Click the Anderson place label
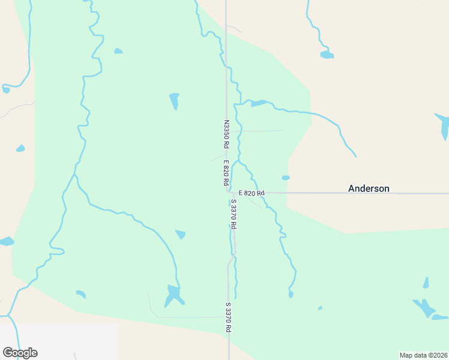[369, 188]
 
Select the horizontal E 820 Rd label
[251, 193]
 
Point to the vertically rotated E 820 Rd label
[226, 172]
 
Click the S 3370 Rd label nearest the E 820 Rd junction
[233, 214]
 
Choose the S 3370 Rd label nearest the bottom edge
[228, 317]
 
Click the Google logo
[20, 353]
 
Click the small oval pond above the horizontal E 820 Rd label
[286, 178]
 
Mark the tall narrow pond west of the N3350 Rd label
[175, 100]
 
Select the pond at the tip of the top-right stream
[327, 55]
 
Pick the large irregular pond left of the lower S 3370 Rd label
[173, 295]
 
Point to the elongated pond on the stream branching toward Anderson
[259, 103]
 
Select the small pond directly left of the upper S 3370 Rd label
[180, 234]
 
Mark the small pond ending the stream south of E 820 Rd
[291, 294]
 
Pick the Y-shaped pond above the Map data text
[425, 307]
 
